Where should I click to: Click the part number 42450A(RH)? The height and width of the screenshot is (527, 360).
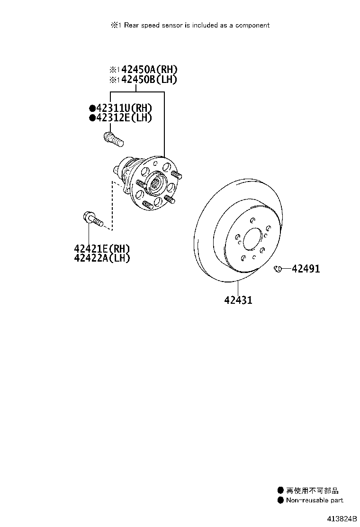pos(149,70)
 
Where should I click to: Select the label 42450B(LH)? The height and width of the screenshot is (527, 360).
pos(149,79)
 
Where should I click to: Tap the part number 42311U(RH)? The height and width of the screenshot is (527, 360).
pos(124,108)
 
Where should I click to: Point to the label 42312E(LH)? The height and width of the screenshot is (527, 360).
pos(124,118)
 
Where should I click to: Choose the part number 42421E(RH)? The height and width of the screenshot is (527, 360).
pos(102,249)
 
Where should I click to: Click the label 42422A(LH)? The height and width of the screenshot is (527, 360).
pos(102,258)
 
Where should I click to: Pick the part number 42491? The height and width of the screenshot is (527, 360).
pos(306,269)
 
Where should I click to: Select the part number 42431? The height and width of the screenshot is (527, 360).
pos(238,300)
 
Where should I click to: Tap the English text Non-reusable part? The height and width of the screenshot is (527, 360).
pos(315,500)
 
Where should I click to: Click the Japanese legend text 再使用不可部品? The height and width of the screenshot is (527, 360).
pos(312,491)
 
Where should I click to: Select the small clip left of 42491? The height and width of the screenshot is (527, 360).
pos(278,269)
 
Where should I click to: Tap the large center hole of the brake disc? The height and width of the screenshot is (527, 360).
pos(252,239)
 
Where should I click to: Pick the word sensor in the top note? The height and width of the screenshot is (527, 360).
pos(171,25)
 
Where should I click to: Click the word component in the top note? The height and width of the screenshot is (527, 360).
pos(252,26)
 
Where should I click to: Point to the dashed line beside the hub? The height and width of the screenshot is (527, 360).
pos(112,205)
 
